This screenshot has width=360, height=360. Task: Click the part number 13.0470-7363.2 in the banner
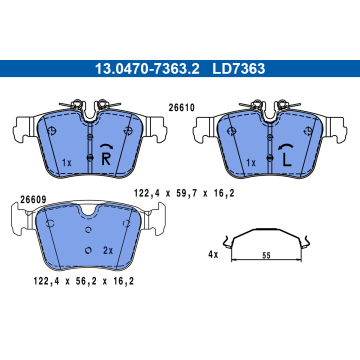(x=147, y=68)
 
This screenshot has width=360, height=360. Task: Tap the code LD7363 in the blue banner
(x=239, y=68)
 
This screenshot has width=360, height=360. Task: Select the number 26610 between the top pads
(x=181, y=107)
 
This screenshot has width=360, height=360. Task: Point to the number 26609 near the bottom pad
(x=33, y=199)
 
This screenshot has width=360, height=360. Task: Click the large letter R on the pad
(x=106, y=159)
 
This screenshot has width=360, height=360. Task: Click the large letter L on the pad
(x=287, y=159)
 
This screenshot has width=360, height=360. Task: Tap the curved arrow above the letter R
(x=106, y=146)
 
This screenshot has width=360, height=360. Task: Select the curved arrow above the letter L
(x=285, y=146)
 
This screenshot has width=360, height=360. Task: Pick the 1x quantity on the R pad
(x=67, y=163)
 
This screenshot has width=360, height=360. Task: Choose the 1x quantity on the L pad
(x=251, y=163)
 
